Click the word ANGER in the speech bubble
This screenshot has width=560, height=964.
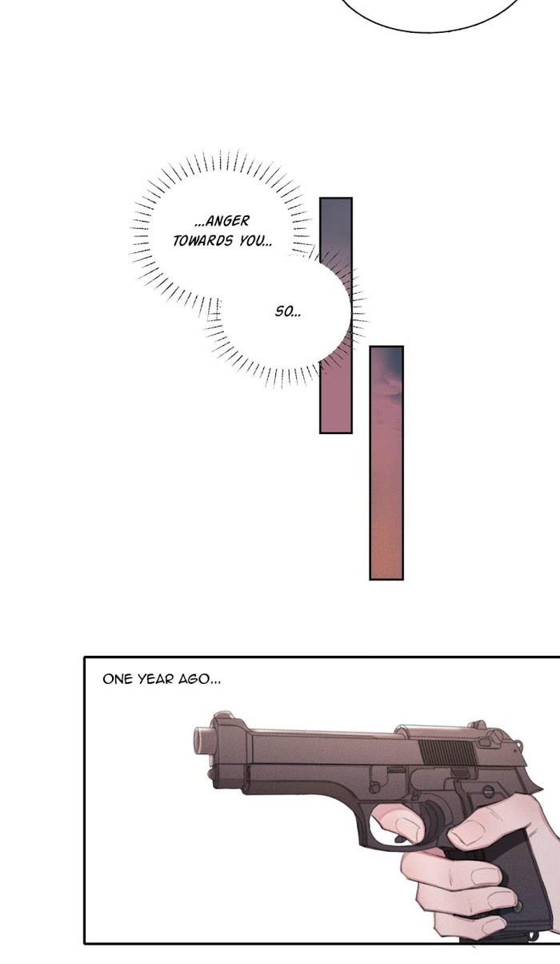228,221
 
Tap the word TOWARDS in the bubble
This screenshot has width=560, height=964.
202,241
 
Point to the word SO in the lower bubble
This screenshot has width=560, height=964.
283,311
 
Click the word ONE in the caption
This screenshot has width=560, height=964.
118,679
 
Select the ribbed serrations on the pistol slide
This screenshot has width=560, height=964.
447,753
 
